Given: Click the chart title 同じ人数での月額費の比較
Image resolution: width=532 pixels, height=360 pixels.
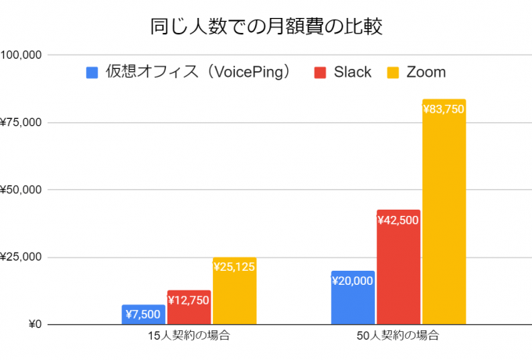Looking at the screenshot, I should (x=266, y=27).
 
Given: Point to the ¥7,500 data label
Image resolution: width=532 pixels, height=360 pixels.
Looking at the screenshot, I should (x=143, y=315).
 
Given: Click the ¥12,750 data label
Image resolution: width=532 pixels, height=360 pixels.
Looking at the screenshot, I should (x=189, y=301).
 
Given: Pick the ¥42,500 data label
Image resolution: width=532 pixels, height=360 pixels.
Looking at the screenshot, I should (x=398, y=221).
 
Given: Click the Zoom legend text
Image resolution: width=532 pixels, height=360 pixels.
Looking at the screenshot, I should (x=426, y=73).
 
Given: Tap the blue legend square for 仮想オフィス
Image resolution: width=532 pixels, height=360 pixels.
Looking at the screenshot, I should (x=92, y=73).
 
